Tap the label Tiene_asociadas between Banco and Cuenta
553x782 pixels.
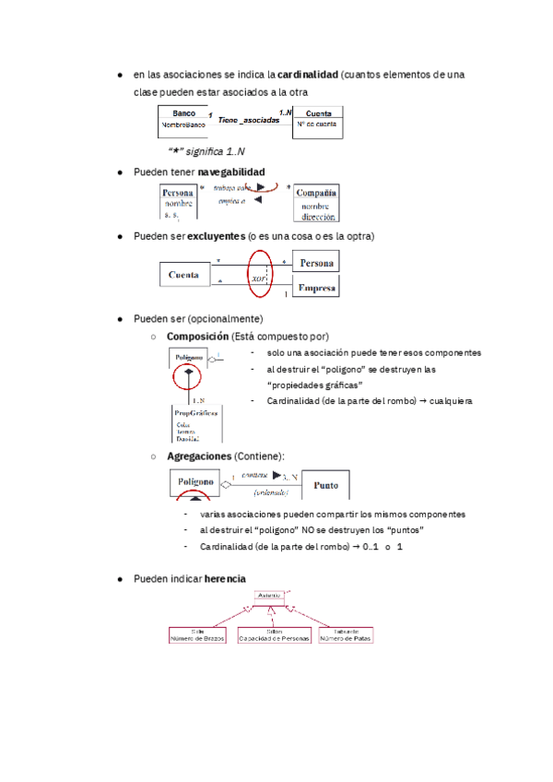click(x=249, y=121)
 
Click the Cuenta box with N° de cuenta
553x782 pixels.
click(x=319, y=121)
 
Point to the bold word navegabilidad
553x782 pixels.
click(x=230, y=172)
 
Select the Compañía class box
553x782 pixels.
click(x=314, y=203)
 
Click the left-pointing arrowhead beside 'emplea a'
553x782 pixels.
click(x=259, y=200)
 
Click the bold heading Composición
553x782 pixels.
click(x=197, y=337)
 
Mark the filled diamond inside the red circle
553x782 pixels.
click(x=188, y=373)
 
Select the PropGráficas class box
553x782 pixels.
click(x=196, y=425)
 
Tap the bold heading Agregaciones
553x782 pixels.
click(x=198, y=456)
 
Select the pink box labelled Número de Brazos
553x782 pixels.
click(x=197, y=635)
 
